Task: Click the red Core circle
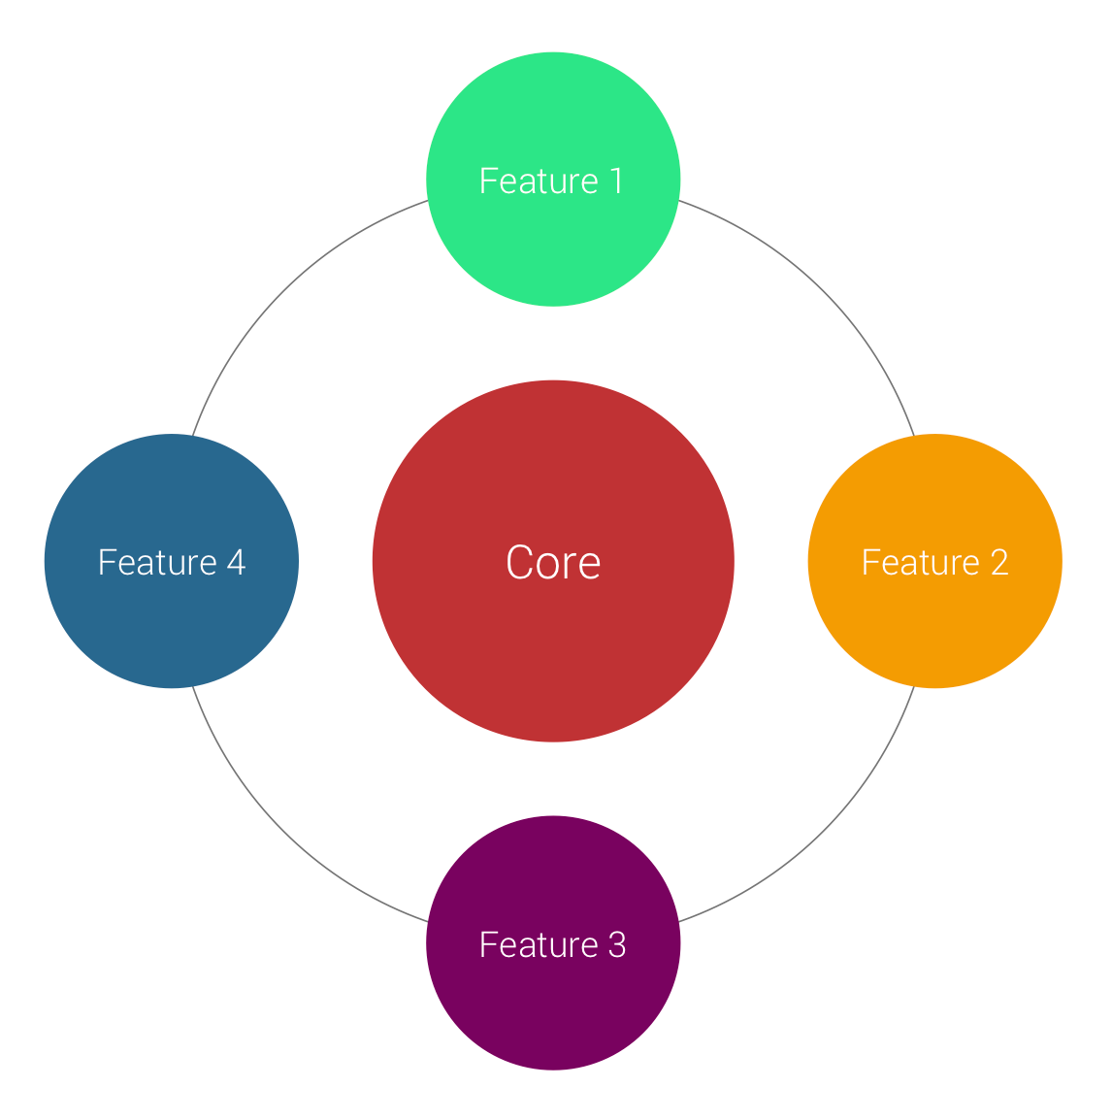tap(553, 561)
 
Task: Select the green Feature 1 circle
tap(553, 180)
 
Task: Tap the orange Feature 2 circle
tap(934, 561)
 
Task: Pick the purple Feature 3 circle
tap(553, 942)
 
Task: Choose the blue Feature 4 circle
tap(172, 561)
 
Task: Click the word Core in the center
tap(553, 562)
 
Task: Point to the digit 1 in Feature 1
tap(617, 181)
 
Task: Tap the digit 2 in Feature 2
tap(999, 562)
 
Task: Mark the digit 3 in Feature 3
tap(618, 944)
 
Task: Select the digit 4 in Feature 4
tap(237, 562)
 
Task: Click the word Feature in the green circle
tap(540, 181)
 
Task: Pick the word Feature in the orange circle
tap(921, 562)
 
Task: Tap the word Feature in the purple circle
tap(540, 944)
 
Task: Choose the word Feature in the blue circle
tap(157, 562)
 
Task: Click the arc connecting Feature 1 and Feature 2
tap(824, 291)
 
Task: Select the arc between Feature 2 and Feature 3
tap(824, 832)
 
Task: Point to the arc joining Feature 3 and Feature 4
tap(282, 832)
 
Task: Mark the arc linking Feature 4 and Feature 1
tap(282, 291)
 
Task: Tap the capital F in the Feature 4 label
tap(107, 562)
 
